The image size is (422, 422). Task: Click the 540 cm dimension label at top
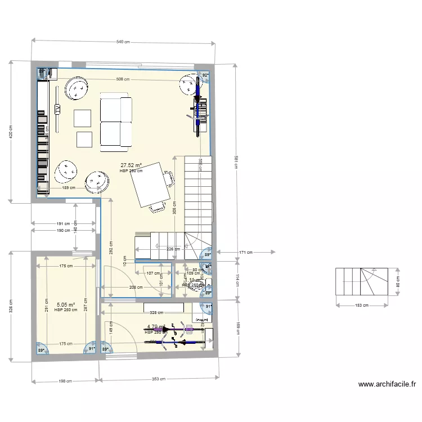[123, 42]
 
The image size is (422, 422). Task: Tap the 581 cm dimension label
[236, 163]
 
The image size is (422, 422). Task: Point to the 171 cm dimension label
[244, 253]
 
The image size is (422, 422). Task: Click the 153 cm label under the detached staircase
[362, 306]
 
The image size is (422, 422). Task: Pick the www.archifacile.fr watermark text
[387, 385]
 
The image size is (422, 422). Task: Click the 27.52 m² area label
[131, 166]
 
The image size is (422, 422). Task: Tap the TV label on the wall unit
[57, 109]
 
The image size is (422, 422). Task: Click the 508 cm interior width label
[123, 79]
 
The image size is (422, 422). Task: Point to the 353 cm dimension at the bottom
[159, 379]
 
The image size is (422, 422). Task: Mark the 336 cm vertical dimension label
[11, 306]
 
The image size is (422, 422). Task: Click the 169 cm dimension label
[237, 327]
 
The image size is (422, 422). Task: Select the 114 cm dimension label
[237, 280]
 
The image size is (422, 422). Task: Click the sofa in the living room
[116, 123]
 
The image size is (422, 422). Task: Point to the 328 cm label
[156, 312]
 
